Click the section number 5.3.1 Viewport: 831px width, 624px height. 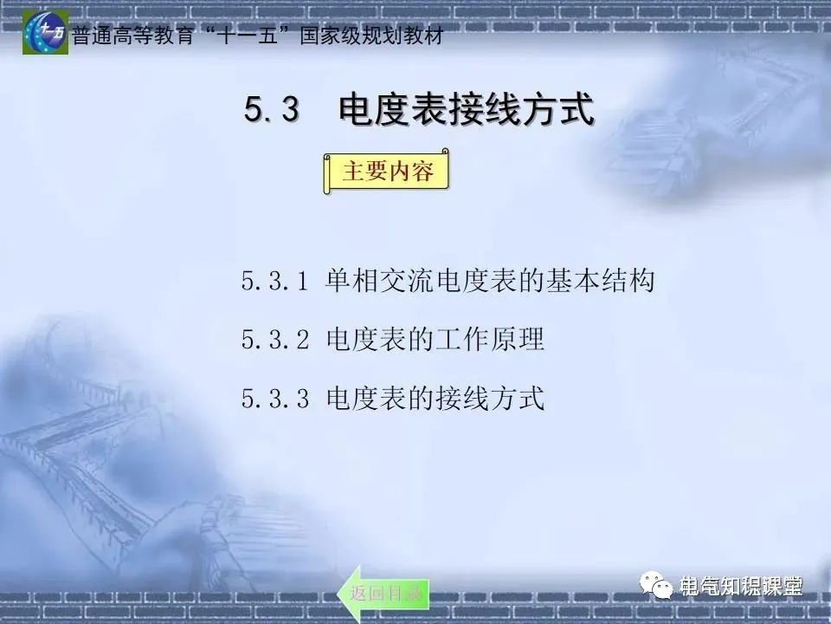click(274, 282)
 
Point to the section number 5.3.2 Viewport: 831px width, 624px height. click(274, 340)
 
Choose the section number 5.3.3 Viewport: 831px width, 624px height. click(274, 399)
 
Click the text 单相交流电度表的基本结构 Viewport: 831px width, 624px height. click(490, 282)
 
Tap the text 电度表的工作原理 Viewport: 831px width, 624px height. click(435, 340)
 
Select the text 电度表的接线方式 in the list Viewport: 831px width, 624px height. click(435, 399)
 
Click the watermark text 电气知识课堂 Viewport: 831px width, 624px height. click(743, 587)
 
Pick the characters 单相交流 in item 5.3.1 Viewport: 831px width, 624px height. click(380, 282)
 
